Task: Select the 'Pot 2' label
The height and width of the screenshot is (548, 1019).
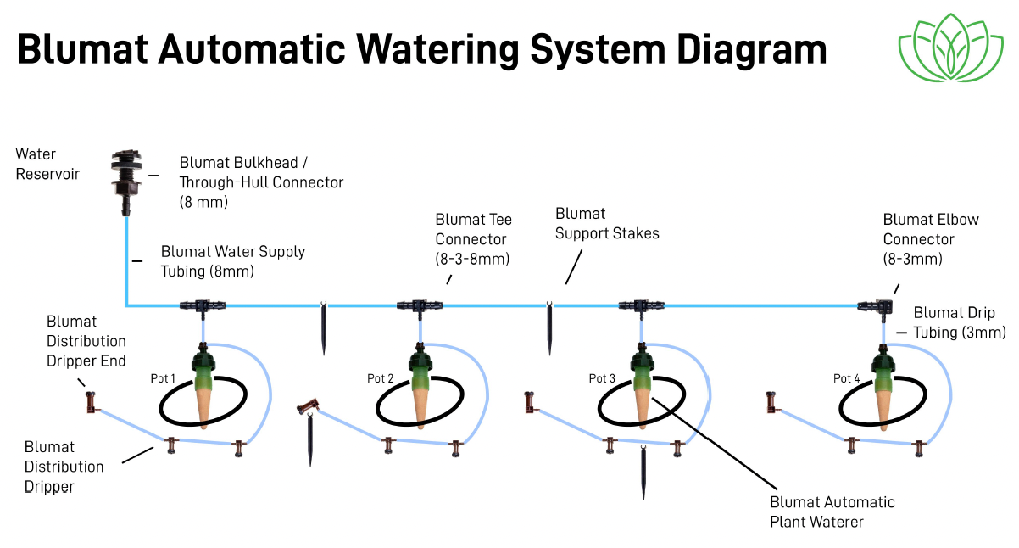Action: tap(381, 378)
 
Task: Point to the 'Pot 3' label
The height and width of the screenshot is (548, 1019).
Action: tap(602, 378)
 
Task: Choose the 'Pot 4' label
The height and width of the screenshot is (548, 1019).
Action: tap(847, 378)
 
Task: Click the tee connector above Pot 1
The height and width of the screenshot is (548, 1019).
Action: tap(202, 305)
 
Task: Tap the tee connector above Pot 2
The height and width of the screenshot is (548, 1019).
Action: tap(419, 305)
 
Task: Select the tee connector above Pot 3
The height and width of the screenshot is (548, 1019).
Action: tap(641, 305)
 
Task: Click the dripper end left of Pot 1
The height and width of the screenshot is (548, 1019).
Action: tap(90, 402)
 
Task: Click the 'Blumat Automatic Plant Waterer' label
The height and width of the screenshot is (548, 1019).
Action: tap(832, 512)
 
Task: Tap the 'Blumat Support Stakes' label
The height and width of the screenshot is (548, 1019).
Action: tap(607, 223)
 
